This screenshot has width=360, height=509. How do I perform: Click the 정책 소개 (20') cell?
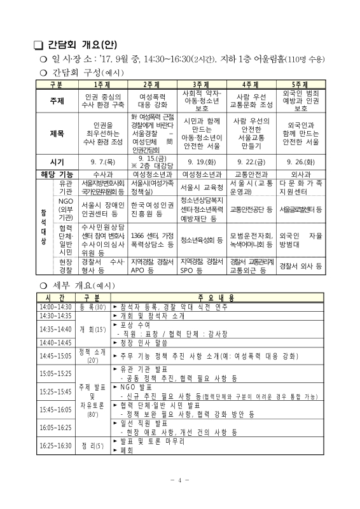pyautogui.click(x=93, y=355)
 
